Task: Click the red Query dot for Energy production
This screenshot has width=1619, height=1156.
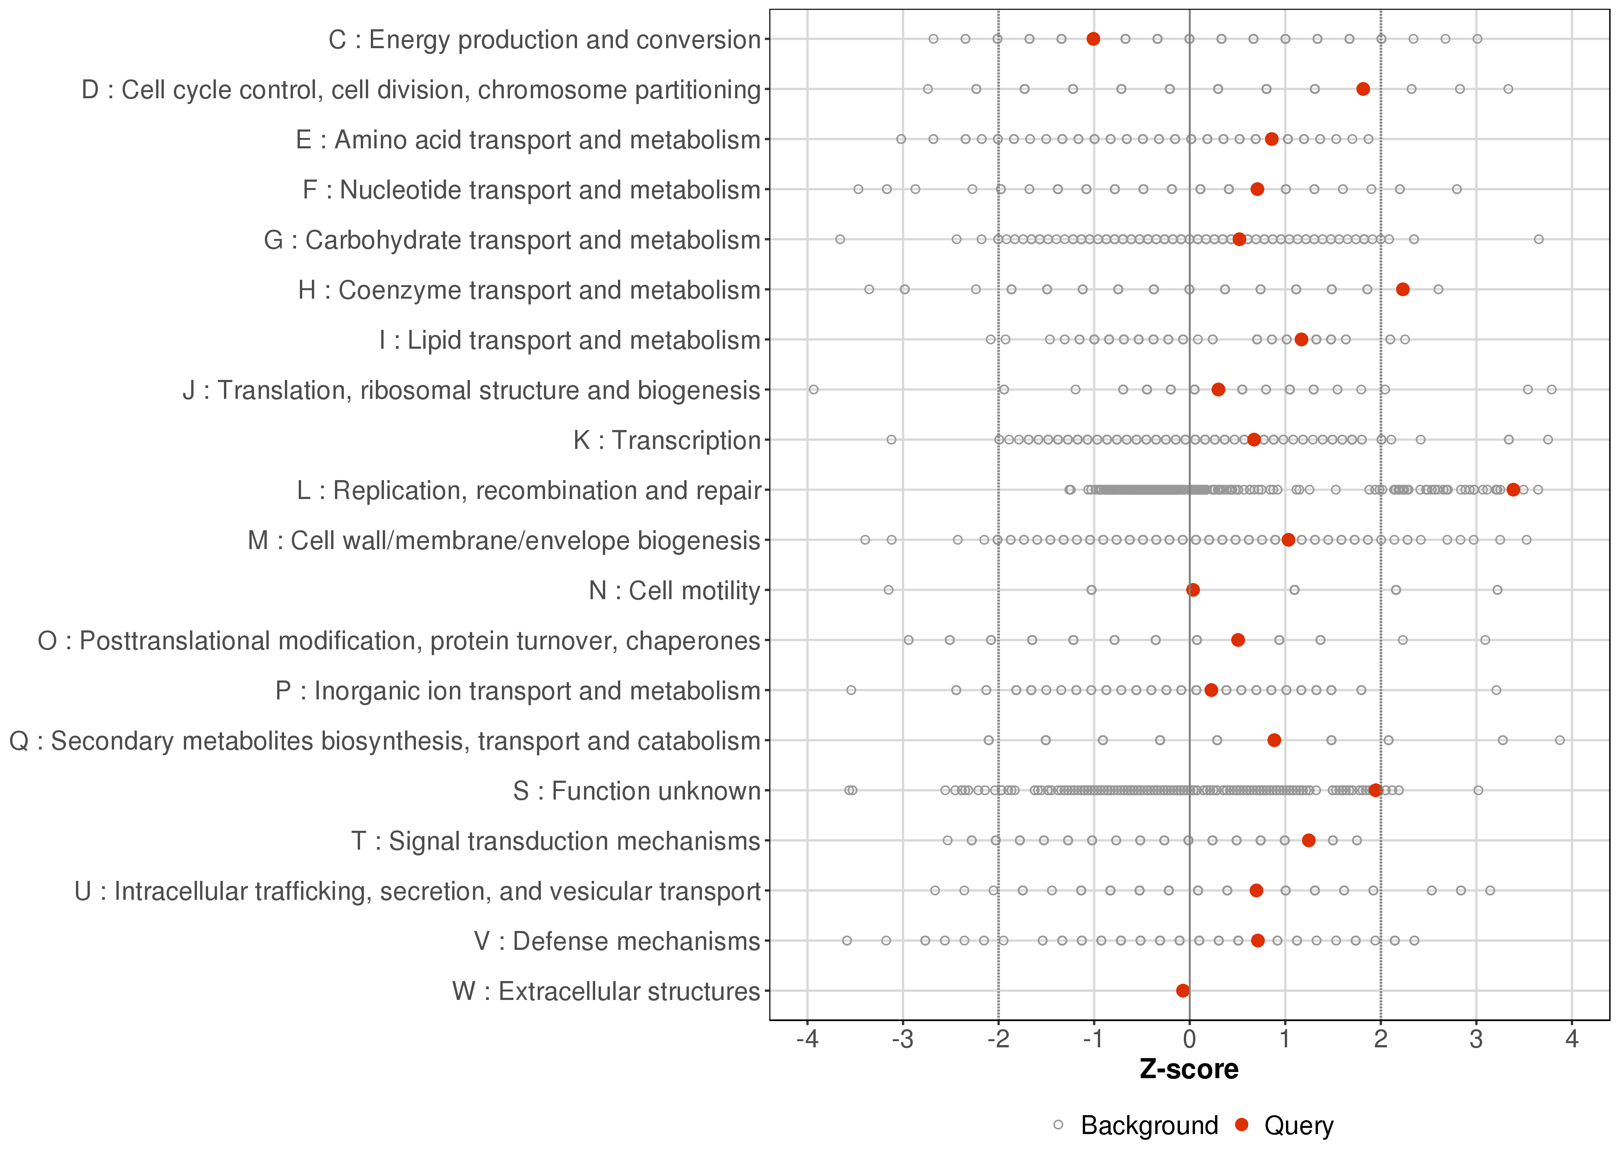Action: coord(1094,39)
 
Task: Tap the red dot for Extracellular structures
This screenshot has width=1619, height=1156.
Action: coord(1183,991)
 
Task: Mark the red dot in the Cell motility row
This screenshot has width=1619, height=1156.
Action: coord(1193,590)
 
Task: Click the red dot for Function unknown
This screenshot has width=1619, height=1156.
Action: coord(1375,790)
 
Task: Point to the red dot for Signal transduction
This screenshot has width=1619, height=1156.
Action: coord(1309,841)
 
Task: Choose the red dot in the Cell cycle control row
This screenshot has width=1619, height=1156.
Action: coord(1363,89)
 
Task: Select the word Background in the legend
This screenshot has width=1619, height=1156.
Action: coord(1149,1126)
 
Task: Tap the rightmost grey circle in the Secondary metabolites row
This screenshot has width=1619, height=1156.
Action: coord(1560,740)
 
